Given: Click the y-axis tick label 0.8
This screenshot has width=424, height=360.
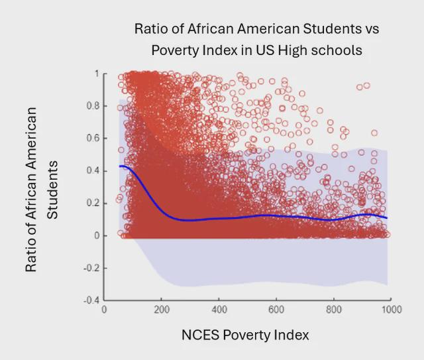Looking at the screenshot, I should point(92,106).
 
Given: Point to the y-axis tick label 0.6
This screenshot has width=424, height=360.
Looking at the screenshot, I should point(92,138).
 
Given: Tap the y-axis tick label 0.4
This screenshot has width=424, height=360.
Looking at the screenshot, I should point(92,170).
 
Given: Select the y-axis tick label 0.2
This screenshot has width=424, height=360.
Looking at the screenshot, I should point(92,203).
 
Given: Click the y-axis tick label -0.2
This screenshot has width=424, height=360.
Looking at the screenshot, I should point(91,268).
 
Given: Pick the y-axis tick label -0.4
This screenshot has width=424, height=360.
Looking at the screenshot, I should point(91,300).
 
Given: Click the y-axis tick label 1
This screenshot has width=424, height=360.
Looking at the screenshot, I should point(96,74).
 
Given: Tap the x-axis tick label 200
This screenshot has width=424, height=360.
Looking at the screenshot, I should point(162,310).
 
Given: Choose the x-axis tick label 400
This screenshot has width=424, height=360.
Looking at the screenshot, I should point(219,310).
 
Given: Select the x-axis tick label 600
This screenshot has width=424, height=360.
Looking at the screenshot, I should point(276,310).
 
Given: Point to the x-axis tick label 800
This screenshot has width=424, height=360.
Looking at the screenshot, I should point(334,310).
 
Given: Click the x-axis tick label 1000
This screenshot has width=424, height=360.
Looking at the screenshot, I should point(390,310).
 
